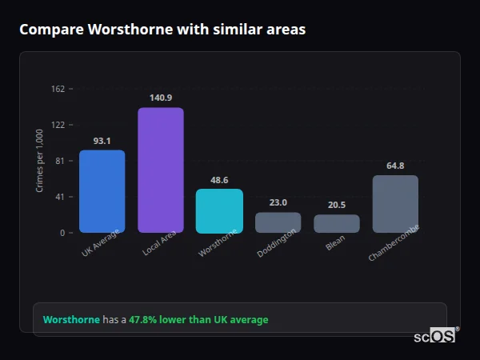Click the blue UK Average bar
(x=102, y=191)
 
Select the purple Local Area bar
(x=161, y=170)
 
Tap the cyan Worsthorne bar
(x=219, y=211)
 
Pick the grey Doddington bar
(x=278, y=222)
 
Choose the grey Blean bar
(x=337, y=224)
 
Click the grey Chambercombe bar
(x=395, y=204)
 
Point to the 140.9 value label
(x=161, y=98)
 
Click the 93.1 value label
(x=102, y=141)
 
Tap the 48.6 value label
(x=219, y=180)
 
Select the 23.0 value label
(x=278, y=202)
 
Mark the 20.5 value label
(x=337, y=205)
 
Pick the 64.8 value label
(x=395, y=166)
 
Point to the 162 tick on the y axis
(x=58, y=89)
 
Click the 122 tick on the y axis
(x=58, y=125)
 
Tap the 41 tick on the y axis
(x=60, y=197)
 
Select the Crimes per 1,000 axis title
(x=40, y=161)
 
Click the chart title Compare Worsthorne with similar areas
(x=162, y=30)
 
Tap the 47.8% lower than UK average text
(x=198, y=320)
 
